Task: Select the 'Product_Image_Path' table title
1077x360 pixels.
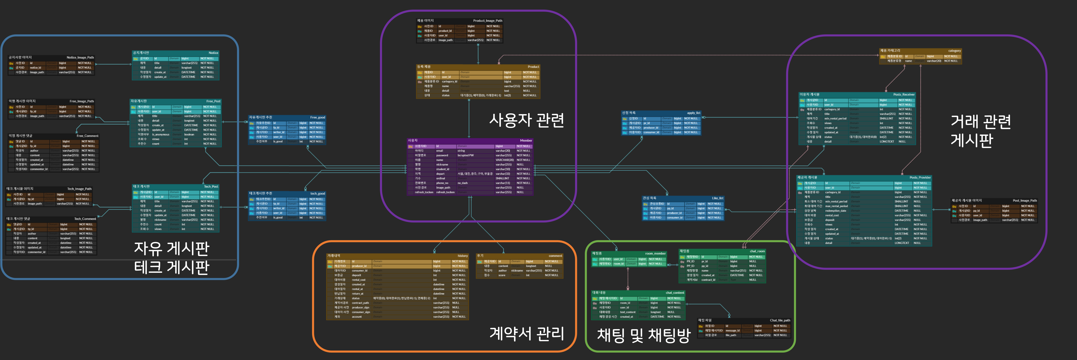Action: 487,20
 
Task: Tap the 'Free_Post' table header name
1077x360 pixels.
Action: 213,101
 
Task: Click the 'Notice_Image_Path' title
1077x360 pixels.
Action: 80,57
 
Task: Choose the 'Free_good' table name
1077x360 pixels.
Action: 317,117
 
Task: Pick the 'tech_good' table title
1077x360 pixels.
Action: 317,194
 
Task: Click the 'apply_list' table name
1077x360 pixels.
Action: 694,113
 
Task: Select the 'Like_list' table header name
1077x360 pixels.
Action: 717,198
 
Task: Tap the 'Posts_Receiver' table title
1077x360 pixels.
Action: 904,94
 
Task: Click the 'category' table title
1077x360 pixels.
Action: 955,51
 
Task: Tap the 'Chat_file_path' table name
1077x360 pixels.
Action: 780,320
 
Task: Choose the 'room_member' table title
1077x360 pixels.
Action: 655,253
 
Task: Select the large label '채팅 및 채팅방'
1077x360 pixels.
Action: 643,335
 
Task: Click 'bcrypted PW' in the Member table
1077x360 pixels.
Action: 465,155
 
